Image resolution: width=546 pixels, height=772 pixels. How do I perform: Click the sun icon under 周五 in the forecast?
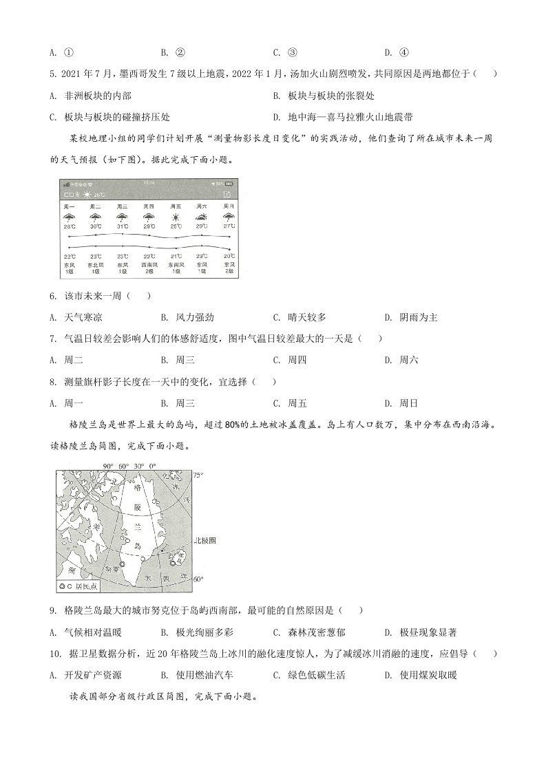176,217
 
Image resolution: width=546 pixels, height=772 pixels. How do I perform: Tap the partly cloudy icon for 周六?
202,217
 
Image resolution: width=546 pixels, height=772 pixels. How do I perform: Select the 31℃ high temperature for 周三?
122,226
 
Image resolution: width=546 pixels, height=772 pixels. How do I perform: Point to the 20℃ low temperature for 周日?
229,257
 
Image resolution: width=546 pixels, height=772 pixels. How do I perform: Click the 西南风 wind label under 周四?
149,264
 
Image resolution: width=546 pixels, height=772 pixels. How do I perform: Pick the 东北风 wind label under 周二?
95,264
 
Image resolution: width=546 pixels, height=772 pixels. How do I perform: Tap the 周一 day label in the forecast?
69,206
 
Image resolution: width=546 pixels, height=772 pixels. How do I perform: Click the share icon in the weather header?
229,195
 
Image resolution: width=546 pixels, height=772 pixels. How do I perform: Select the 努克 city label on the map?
112,570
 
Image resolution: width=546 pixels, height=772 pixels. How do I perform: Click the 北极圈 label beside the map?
206,541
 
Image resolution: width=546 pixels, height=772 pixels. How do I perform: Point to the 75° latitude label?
198,475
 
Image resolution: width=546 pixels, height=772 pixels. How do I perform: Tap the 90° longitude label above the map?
108,467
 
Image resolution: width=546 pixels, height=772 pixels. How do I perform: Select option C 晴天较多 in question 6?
299,317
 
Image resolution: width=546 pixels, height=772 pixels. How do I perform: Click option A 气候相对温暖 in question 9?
83,632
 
